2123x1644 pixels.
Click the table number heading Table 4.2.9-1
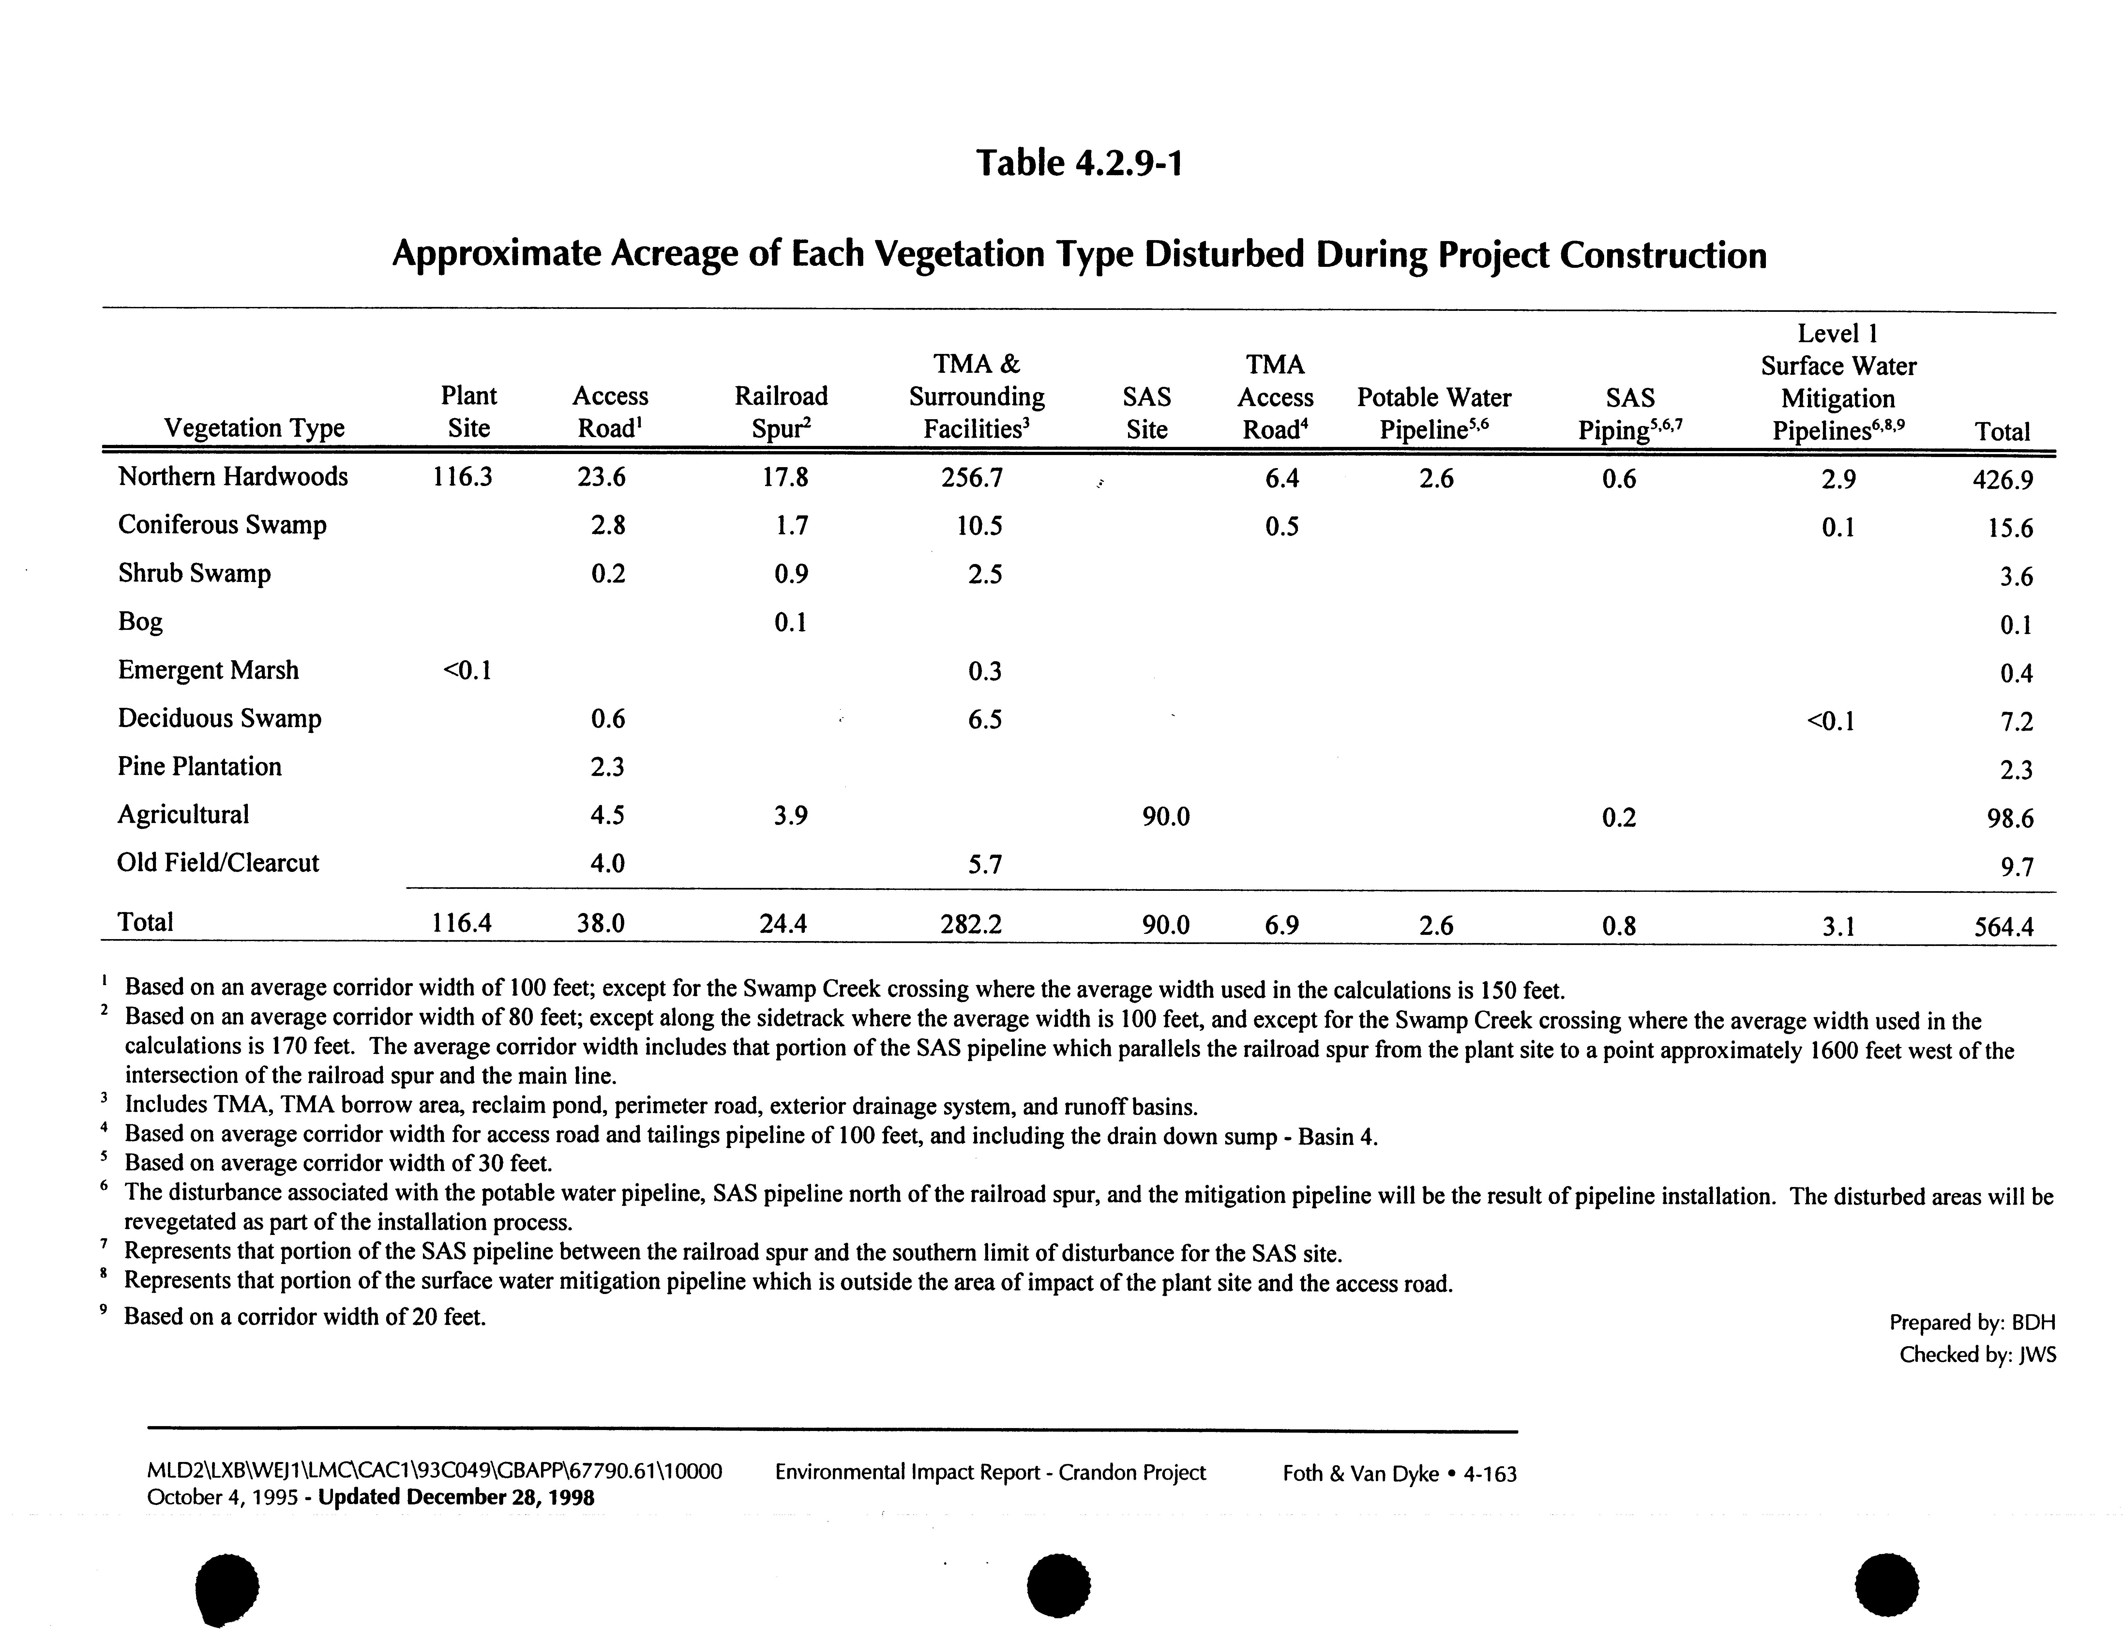click(1079, 162)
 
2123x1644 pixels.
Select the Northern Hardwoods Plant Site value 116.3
click(462, 477)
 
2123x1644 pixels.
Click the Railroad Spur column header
click(781, 412)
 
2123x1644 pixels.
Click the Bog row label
click(140, 621)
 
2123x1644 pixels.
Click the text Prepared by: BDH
click(1971, 1322)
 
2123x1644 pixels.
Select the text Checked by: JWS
click(1977, 1354)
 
